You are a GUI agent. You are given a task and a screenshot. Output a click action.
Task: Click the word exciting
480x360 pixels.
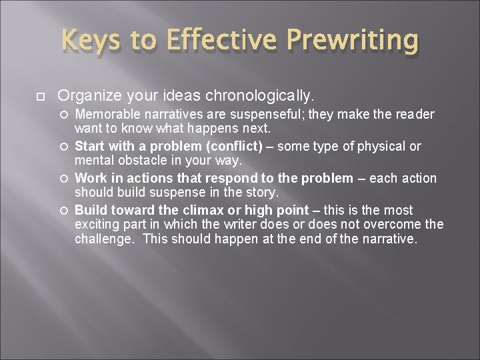[x=97, y=225]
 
